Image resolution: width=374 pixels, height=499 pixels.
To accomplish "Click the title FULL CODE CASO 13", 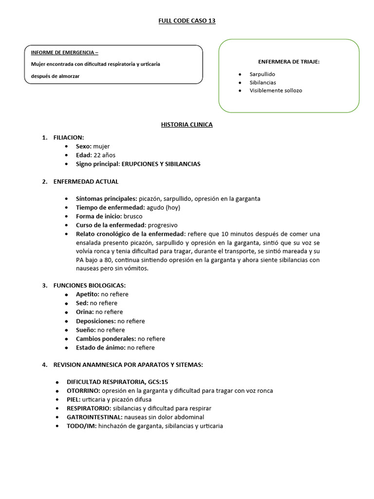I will (187, 21).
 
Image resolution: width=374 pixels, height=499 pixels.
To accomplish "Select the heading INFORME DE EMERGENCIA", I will (64, 53).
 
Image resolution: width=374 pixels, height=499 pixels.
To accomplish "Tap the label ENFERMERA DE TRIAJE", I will (288, 61).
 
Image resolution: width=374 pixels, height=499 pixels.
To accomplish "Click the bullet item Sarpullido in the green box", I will (262, 74).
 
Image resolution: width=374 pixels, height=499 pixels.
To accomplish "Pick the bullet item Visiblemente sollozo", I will (276, 91).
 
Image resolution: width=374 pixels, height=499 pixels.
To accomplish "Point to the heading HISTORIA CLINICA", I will (187, 125).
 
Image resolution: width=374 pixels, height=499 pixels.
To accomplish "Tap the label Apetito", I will (87, 294).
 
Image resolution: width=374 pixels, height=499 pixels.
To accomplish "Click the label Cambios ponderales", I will (106, 339).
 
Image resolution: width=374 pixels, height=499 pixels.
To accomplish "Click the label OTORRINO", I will (83, 391).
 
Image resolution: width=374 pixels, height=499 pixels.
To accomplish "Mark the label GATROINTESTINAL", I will (94, 417).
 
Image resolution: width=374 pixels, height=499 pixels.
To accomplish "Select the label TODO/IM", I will (82, 426).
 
